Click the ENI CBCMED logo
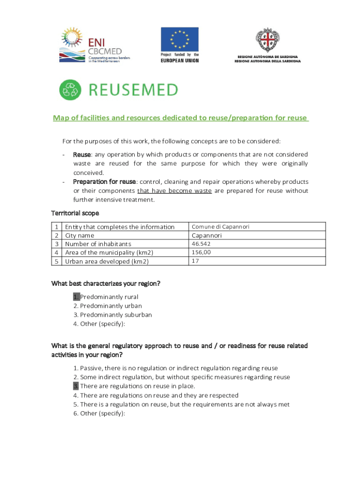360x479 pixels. pyautogui.click(x=94, y=45)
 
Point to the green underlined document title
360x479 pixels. pyautogui.click(x=180, y=118)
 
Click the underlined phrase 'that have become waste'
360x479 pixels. pyautogui.click(x=174, y=191)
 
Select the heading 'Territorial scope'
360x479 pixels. pyautogui.click(x=75, y=213)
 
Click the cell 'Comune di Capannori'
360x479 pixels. pyautogui.click(x=220, y=227)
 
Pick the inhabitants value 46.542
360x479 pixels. pyautogui.click(x=201, y=244)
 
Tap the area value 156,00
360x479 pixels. pyautogui.click(x=202, y=253)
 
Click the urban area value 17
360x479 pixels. pyautogui.click(x=195, y=261)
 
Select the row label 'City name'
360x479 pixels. pyautogui.click(x=79, y=236)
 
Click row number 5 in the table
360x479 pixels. pyautogui.click(x=57, y=261)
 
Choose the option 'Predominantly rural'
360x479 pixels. pyautogui.click(x=109, y=297)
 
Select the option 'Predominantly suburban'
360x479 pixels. pyautogui.click(x=115, y=315)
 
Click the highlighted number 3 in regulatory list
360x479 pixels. pyautogui.click(x=76, y=386)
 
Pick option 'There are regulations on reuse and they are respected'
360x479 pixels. pyautogui.click(x=159, y=395)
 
